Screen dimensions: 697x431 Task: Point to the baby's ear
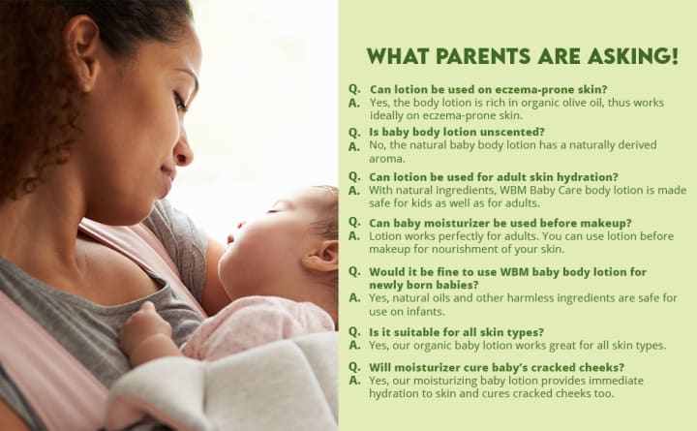point(321,256)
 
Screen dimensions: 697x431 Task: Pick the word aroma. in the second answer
point(381,159)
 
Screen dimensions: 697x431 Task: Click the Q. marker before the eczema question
point(354,89)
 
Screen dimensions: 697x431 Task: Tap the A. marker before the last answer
point(354,381)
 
